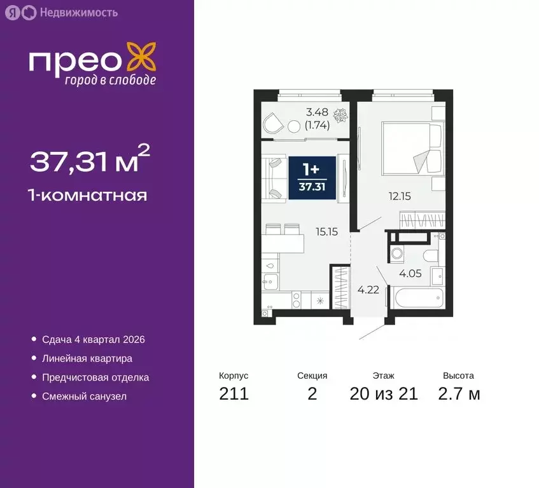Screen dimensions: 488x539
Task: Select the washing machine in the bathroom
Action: [399, 254]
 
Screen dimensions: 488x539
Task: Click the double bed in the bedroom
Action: [411, 150]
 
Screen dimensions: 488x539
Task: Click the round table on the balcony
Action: [294, 126]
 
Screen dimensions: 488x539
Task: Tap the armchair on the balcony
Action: [274, 123]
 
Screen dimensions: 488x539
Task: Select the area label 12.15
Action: [400, 196]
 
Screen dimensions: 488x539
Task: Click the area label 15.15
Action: [326, 232]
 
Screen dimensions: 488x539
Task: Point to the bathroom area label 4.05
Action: [409, 274]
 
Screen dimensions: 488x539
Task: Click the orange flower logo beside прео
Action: [141, 57]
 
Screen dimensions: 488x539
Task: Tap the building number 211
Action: [234, 394]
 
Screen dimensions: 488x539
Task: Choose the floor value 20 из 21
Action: [384, 394]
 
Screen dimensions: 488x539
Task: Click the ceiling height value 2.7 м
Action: [459, 394]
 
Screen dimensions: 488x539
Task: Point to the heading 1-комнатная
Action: [88, 195]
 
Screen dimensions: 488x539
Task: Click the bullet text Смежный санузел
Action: [84, 396]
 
